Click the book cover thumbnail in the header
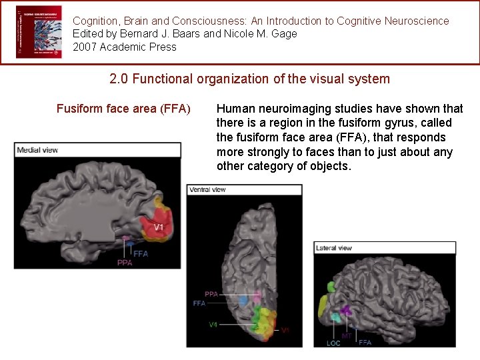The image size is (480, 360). (39, 32)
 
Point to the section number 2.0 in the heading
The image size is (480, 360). (119, 79)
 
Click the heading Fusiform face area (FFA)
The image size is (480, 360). (123, 108)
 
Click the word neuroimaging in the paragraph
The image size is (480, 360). (280, 108)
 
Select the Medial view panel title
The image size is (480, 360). (38, 150)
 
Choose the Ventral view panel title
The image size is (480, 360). (208, 189)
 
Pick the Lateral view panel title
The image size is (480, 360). (335, 248)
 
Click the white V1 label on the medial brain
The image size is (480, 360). (159, 227)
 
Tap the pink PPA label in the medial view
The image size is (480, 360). (125, 263)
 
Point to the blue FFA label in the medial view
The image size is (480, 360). (141, 254)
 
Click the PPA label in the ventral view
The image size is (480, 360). (211, 294)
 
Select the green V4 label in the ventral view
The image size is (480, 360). (213, 325)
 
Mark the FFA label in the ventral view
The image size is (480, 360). (199, 303)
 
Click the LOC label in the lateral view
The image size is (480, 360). (333, 343)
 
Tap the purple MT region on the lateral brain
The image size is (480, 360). (345, 310)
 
